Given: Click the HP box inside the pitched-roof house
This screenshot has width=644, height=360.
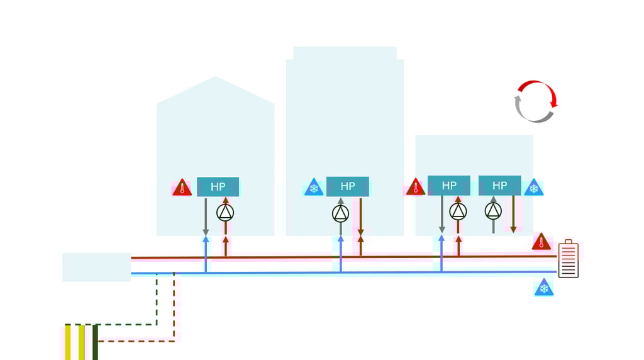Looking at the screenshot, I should tap(218, 187).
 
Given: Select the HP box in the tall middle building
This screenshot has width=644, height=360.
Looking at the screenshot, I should tap(347, 186).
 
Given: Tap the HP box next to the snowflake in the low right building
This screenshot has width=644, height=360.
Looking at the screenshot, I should tap(499, 186).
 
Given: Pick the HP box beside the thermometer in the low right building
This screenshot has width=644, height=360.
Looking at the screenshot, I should tap(448, 186).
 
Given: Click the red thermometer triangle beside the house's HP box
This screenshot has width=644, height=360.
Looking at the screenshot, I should tap(182, 188).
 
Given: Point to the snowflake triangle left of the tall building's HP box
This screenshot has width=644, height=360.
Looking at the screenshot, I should tap(313, 188).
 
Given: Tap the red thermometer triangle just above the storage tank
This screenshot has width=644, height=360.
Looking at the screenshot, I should tap(541, 242).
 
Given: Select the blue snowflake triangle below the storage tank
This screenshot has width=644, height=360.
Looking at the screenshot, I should tap(544, 288).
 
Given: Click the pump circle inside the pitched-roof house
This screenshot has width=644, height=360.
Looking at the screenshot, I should tap(225, 213).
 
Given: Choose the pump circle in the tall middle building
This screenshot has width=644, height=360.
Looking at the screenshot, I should tap(340, 214).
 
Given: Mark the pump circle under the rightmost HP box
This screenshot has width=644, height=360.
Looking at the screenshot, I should tap(494, 210).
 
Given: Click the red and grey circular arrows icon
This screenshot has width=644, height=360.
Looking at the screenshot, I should tap(535, 101).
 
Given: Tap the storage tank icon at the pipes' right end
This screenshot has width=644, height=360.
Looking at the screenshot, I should tap(568, 259).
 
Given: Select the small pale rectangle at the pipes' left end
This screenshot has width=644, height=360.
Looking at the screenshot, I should tap(96, 267).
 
